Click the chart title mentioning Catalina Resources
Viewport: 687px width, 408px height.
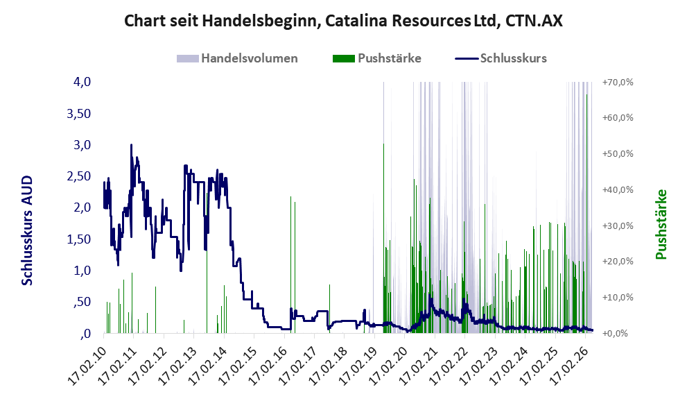click(x=343, y=21)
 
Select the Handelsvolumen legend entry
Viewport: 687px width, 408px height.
click(x=237, y=58)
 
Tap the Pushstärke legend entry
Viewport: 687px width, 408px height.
click(x=377, y=58)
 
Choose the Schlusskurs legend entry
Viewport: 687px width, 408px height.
click(x=501, y=58)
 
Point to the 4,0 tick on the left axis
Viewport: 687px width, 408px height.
click(x=82, y=82)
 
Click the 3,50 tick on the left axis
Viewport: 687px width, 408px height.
click(x=78, y=114)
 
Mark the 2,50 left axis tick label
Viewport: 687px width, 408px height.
click(x=78, y=176)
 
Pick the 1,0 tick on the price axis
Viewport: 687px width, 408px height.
click(x=82, y=270)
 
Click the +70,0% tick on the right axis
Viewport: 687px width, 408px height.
click(x=618, y=82)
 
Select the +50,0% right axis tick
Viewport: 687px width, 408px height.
click(x=618, y=154)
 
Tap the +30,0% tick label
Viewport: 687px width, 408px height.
click(x=618, y=226)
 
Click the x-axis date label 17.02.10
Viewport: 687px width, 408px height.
click(x=87, y=366)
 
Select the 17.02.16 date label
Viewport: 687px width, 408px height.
click(x=268, y=366)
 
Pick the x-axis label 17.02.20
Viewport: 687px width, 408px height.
click(x=389, y=366)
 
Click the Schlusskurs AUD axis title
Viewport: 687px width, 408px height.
click(x=27, y=230)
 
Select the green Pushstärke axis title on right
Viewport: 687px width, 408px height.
click(x=661, y=224)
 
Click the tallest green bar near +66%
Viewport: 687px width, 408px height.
click(x=586, y=214)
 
